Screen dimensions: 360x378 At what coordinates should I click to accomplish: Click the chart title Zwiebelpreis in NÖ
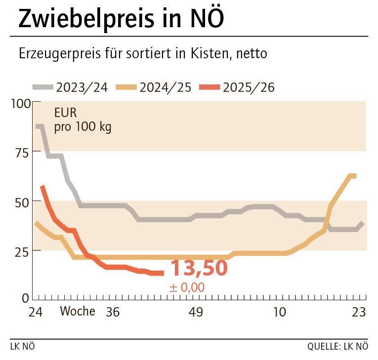(x=121, y=18)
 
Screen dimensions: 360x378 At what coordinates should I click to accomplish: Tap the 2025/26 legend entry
(x=237, y=88)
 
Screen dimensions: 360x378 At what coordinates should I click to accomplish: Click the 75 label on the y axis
(x=23, y=153)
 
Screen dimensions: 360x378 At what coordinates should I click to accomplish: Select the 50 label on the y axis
(x=23, y=201)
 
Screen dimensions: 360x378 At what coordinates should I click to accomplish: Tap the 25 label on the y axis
(x=23, y=250)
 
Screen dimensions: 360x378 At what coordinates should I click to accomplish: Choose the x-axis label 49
(x=196, y=312)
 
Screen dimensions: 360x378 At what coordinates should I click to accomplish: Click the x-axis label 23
(x=358, y=312)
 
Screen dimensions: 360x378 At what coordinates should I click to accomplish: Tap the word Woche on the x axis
(x=78, y=312)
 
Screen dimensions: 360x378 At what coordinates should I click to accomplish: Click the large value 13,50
(x=199, y=268)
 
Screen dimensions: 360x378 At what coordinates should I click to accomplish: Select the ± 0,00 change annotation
(x=187, y=287)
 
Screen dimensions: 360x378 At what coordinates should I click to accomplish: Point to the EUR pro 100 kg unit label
(x=83, y=120)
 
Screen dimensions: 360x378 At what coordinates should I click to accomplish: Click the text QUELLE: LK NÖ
(x=337, y=346)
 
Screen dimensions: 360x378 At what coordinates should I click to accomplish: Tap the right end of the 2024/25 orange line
(x=354, y=176)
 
